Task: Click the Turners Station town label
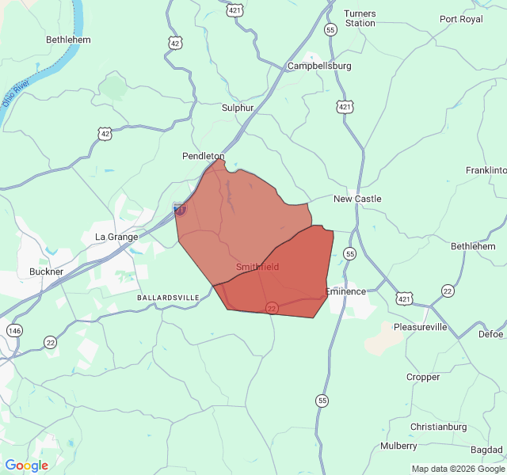point(360,18)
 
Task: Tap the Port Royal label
point(461,19)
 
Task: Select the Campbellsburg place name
point(319,66)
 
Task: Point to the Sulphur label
point(238,108)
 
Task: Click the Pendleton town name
point(204,157)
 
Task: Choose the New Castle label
point(357,199)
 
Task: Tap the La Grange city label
point(116,237)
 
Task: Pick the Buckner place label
point(46,272)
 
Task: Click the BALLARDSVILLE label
point(168,297)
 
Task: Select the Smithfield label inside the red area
point(257,268)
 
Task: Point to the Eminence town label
point(345,291)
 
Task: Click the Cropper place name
point(423,377)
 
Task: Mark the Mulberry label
point(398,446)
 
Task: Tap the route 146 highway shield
point(14,329)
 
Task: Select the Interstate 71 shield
point(180,209)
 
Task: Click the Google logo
point(27,465)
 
